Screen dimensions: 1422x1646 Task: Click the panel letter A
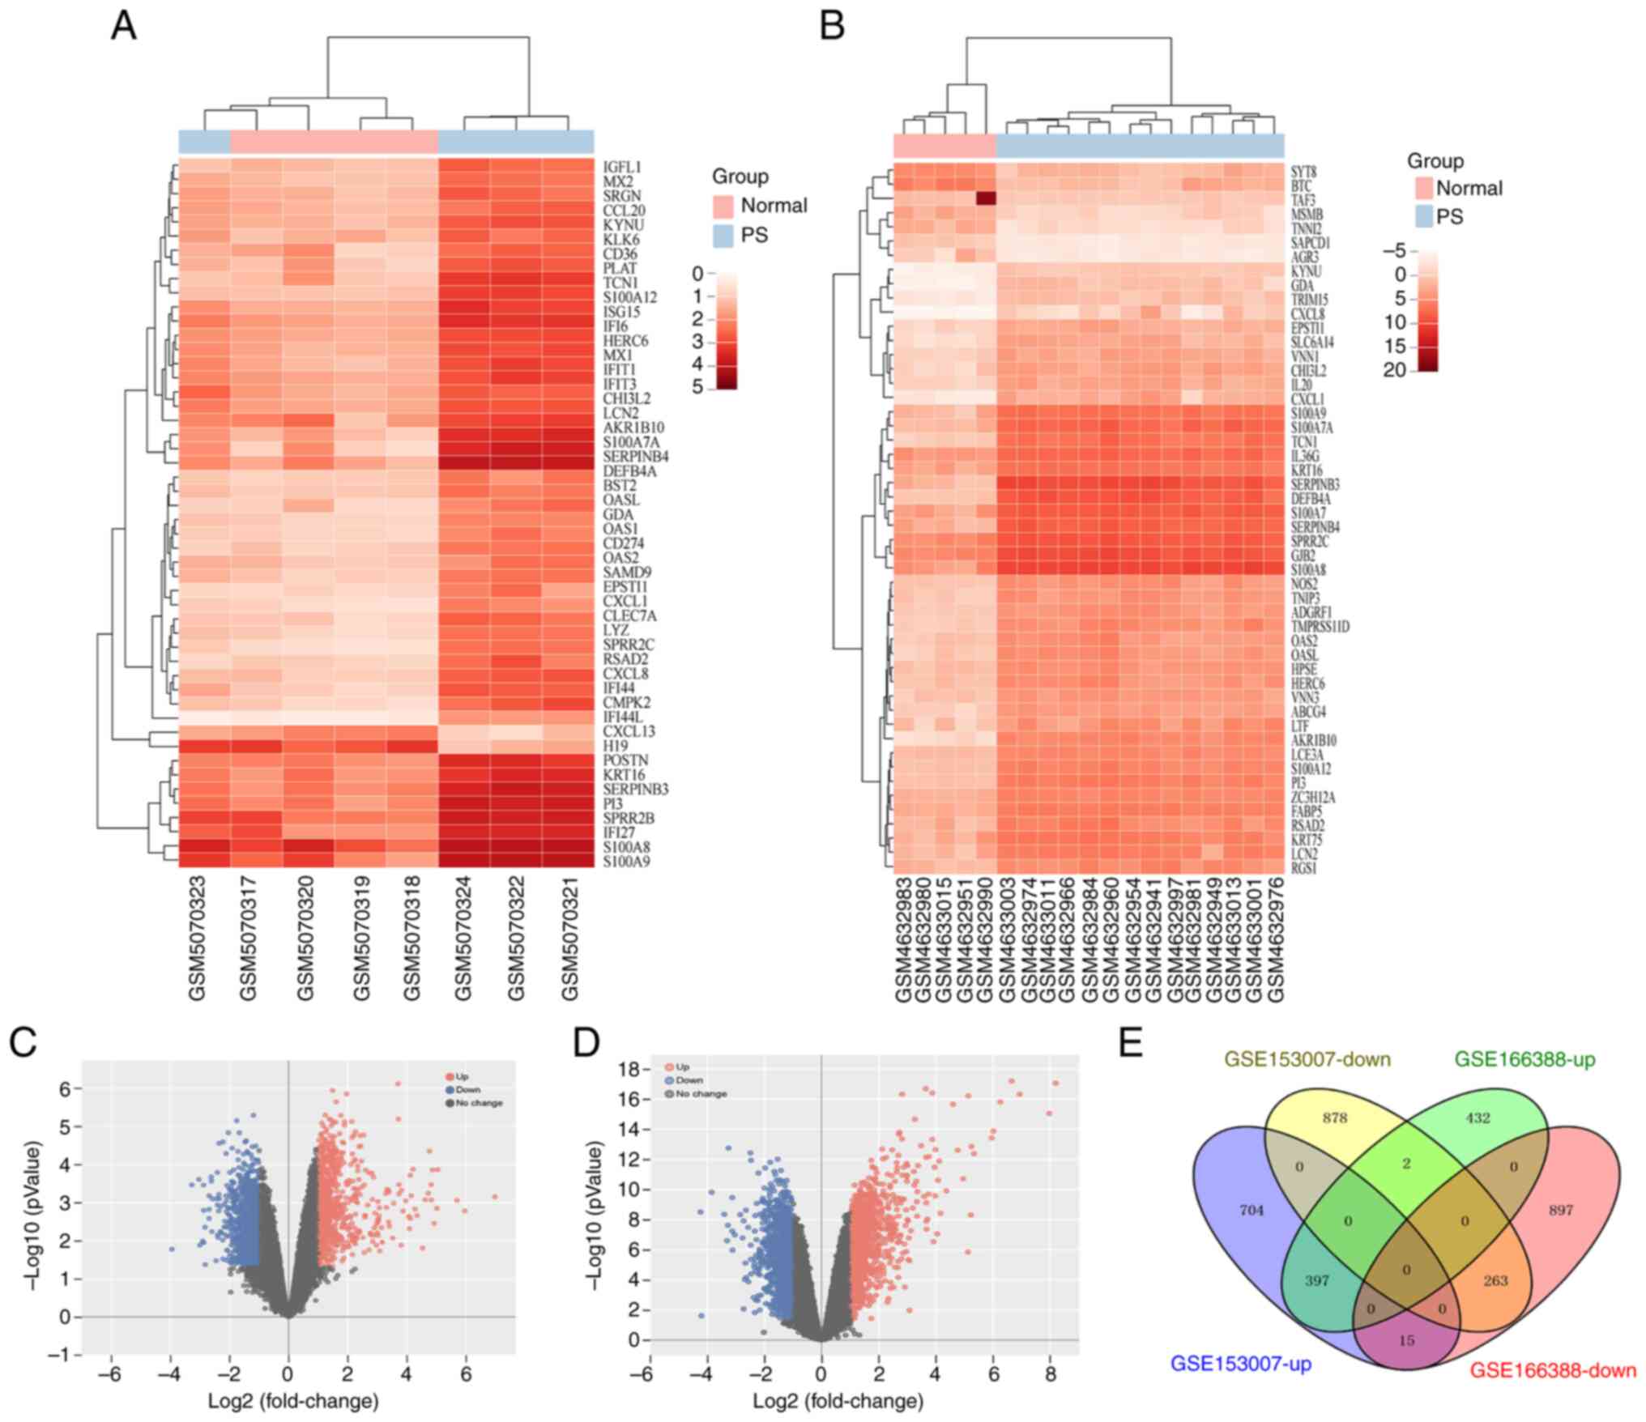pyautogui.click(x=123, y=26)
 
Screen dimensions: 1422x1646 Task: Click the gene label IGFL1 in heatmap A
pyautogui.click(x=622, y=167)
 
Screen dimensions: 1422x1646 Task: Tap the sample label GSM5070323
pyautogui.click(x=197, y=938)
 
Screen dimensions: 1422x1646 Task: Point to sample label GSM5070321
pyautogui.click(x=570, y=938)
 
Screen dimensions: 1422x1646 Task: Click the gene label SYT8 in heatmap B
pyautogui.click(x=1303, y=172)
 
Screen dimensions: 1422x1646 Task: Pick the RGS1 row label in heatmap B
pyautogui.click(x=1303, y=868)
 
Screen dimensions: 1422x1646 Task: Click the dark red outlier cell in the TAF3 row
pyautogui.click(x=986, y=199)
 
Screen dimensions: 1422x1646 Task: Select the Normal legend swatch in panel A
pyautogui.click(x=723, y=206)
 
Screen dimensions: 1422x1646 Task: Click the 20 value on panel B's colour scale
pyautogui.click(x=1394, y=370)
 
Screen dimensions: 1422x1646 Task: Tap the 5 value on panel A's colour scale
pyautogui.click(x=697, y=387)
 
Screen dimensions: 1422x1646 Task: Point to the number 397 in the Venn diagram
pyautogui.click(x=1317, y=1281)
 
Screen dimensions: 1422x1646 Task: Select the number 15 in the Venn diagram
pyautogui.click(x=1407, y=1341)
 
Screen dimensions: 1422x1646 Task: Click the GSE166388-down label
pyautogui.click(x=1552, y=1371)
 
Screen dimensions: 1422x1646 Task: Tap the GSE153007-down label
pyautogui.click(x=1307, y=1058)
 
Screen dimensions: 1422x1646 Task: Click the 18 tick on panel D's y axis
pyautogui.click(x=629, y=1070)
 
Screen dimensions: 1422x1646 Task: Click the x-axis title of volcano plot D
pyautogui.click(x=838, y=1401)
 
